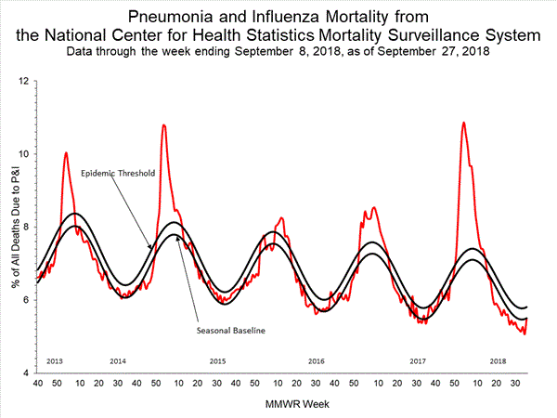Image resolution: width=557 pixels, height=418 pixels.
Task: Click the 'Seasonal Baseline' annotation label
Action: (x=227, y=331)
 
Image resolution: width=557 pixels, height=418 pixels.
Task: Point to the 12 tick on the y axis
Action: (x=24, y=81)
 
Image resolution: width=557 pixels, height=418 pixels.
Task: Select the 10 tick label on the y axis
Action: (x=24, y=154)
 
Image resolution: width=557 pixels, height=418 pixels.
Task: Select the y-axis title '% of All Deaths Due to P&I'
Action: (x=10, y=227)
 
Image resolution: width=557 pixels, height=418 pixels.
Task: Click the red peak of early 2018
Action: (x=463, y=123)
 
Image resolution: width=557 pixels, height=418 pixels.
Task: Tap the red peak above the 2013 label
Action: (x=65, y=152)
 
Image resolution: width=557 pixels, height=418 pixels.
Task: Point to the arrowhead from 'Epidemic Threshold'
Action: (x=151, y=247)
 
